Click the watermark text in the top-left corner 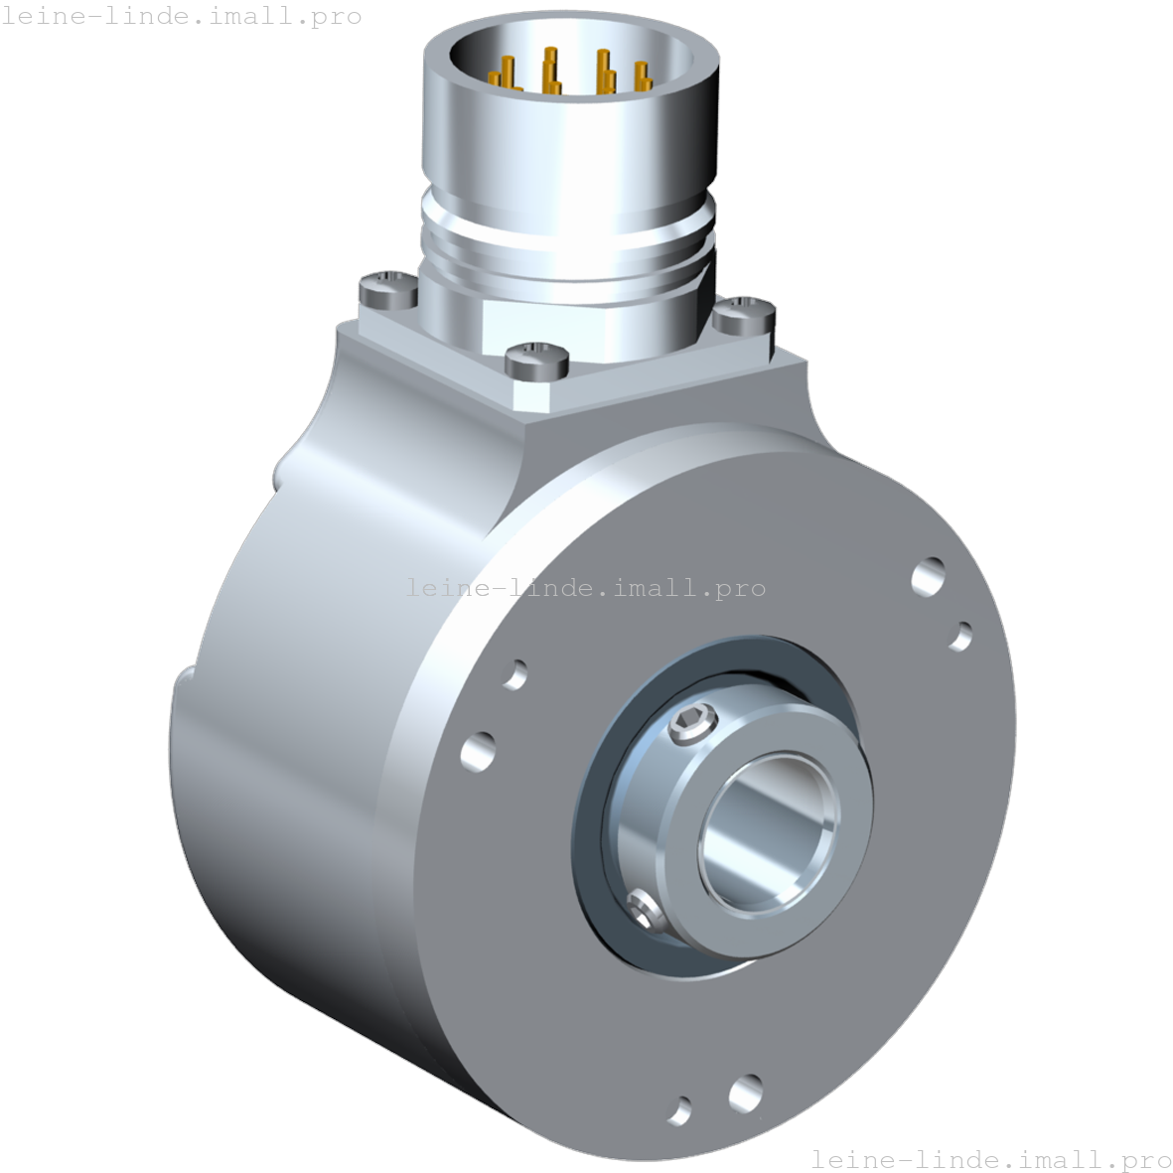pyautogui.click(x=181, y=17)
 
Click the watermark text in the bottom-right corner pyautogui.click(x=990, y=1158)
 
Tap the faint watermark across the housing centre pyautogui.click(x=586, y=588)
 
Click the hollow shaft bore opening pyautogui.click(x=767, y=828)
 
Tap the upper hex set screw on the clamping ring pyautogui.click(x=691, y=726)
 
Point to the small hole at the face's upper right pyautogui.click(x=960, y=636)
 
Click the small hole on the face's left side pyautogui.click(x=514, y=674)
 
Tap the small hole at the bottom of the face pyautogui.click(x=680, y=1108)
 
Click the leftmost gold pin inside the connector pyautogui.click(x=507, y=75)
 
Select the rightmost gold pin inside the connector pyautogui.click(x=642, y=77)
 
